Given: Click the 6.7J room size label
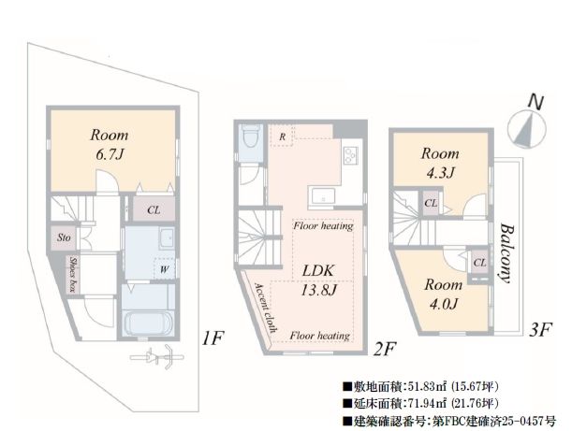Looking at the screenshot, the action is point(110,155).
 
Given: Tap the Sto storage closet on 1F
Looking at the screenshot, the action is point(64,237).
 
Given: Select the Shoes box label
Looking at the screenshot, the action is point(73,275).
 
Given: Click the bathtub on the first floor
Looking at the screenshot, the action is point(148,323).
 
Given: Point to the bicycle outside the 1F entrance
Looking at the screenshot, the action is point(157,357).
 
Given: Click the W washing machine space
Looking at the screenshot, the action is point(165,269).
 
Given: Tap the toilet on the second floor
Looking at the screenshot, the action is point(252,136).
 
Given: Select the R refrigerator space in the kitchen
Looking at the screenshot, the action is point(282,136).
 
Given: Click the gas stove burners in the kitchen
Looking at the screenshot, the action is point(351,155).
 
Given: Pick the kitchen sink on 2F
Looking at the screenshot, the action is point(322,196).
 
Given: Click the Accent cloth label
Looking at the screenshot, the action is point(266,308).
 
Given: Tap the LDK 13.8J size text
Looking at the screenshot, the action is point(318,280).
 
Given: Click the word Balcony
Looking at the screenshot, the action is point(507,253).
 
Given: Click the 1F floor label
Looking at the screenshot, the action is point(213,338).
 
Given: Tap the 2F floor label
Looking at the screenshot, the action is point(385,349).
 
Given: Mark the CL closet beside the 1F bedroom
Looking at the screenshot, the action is point(154,209).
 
